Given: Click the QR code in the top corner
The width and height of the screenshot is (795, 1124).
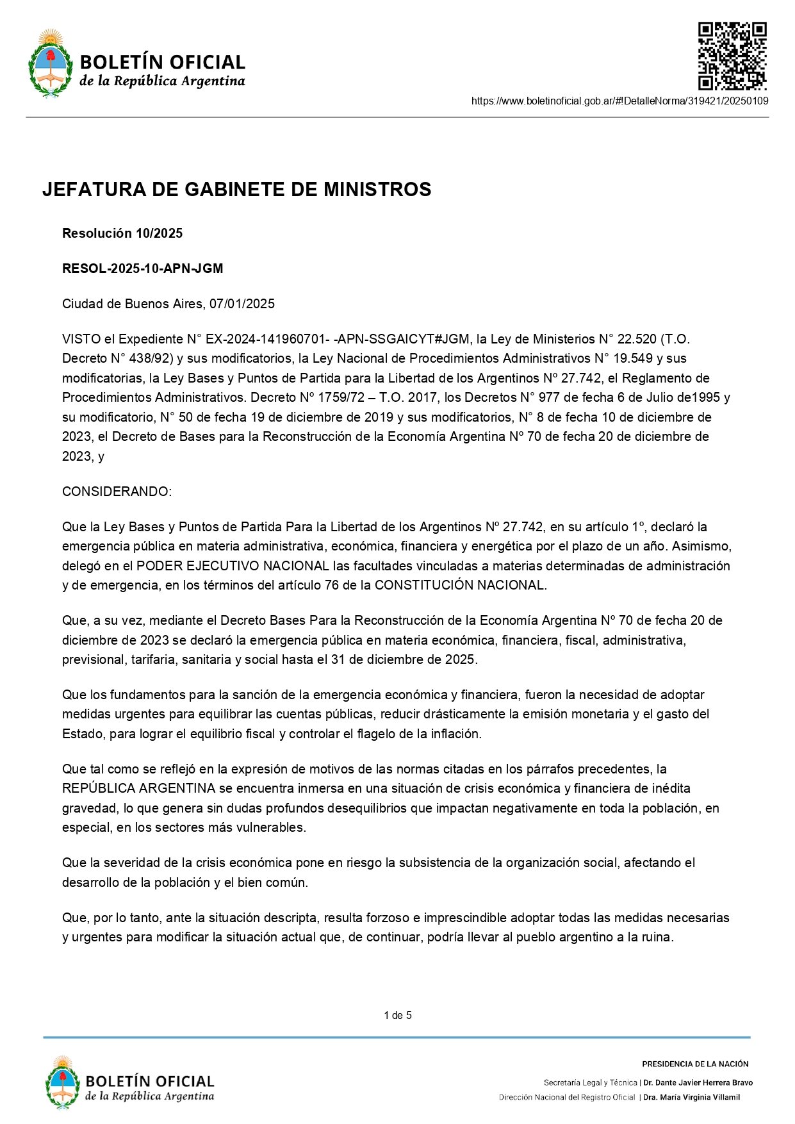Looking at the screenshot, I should (x=732, y=56).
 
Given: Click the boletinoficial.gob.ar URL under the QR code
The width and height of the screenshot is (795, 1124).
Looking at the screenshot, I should (x=619, y=101).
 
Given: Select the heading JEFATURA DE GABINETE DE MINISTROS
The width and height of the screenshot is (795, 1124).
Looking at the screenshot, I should (x=236, y=190).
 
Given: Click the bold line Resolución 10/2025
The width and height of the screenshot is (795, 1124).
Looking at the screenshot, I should (x=122, y=233).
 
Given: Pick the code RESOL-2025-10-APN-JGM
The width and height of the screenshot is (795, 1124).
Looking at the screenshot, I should (x=142, y=269).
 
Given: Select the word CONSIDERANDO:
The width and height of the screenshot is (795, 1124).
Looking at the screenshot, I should (x=117, y=492).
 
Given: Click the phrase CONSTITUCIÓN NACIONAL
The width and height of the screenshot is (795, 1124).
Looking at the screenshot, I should (x=460, y=585).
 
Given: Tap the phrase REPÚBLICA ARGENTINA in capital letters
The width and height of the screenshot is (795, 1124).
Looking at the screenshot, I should (x=138, y=788).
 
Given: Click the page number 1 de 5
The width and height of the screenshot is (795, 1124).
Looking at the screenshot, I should (x=398, y=1015).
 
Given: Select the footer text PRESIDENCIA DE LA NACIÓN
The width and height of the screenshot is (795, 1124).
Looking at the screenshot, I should (x=695, y=1064).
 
